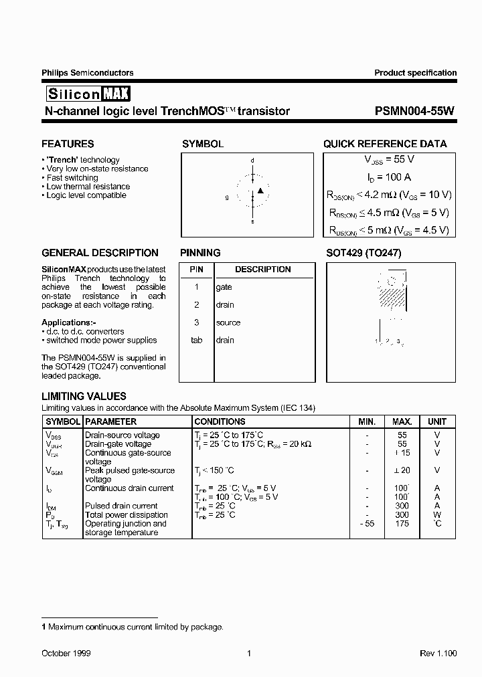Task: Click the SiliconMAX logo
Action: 88,94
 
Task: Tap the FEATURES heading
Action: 68,144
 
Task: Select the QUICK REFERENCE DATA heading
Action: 385,144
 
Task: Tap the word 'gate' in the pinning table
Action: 224,287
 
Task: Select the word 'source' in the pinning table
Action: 228,322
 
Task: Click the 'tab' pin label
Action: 196,340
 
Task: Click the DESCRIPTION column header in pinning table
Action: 262,270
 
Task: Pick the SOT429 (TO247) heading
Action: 364,253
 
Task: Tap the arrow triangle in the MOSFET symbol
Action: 261,191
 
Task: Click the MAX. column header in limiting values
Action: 402,421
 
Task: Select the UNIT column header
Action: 437,421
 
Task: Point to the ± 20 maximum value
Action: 402,470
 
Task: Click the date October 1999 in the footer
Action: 66,653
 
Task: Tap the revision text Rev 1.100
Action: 438,653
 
